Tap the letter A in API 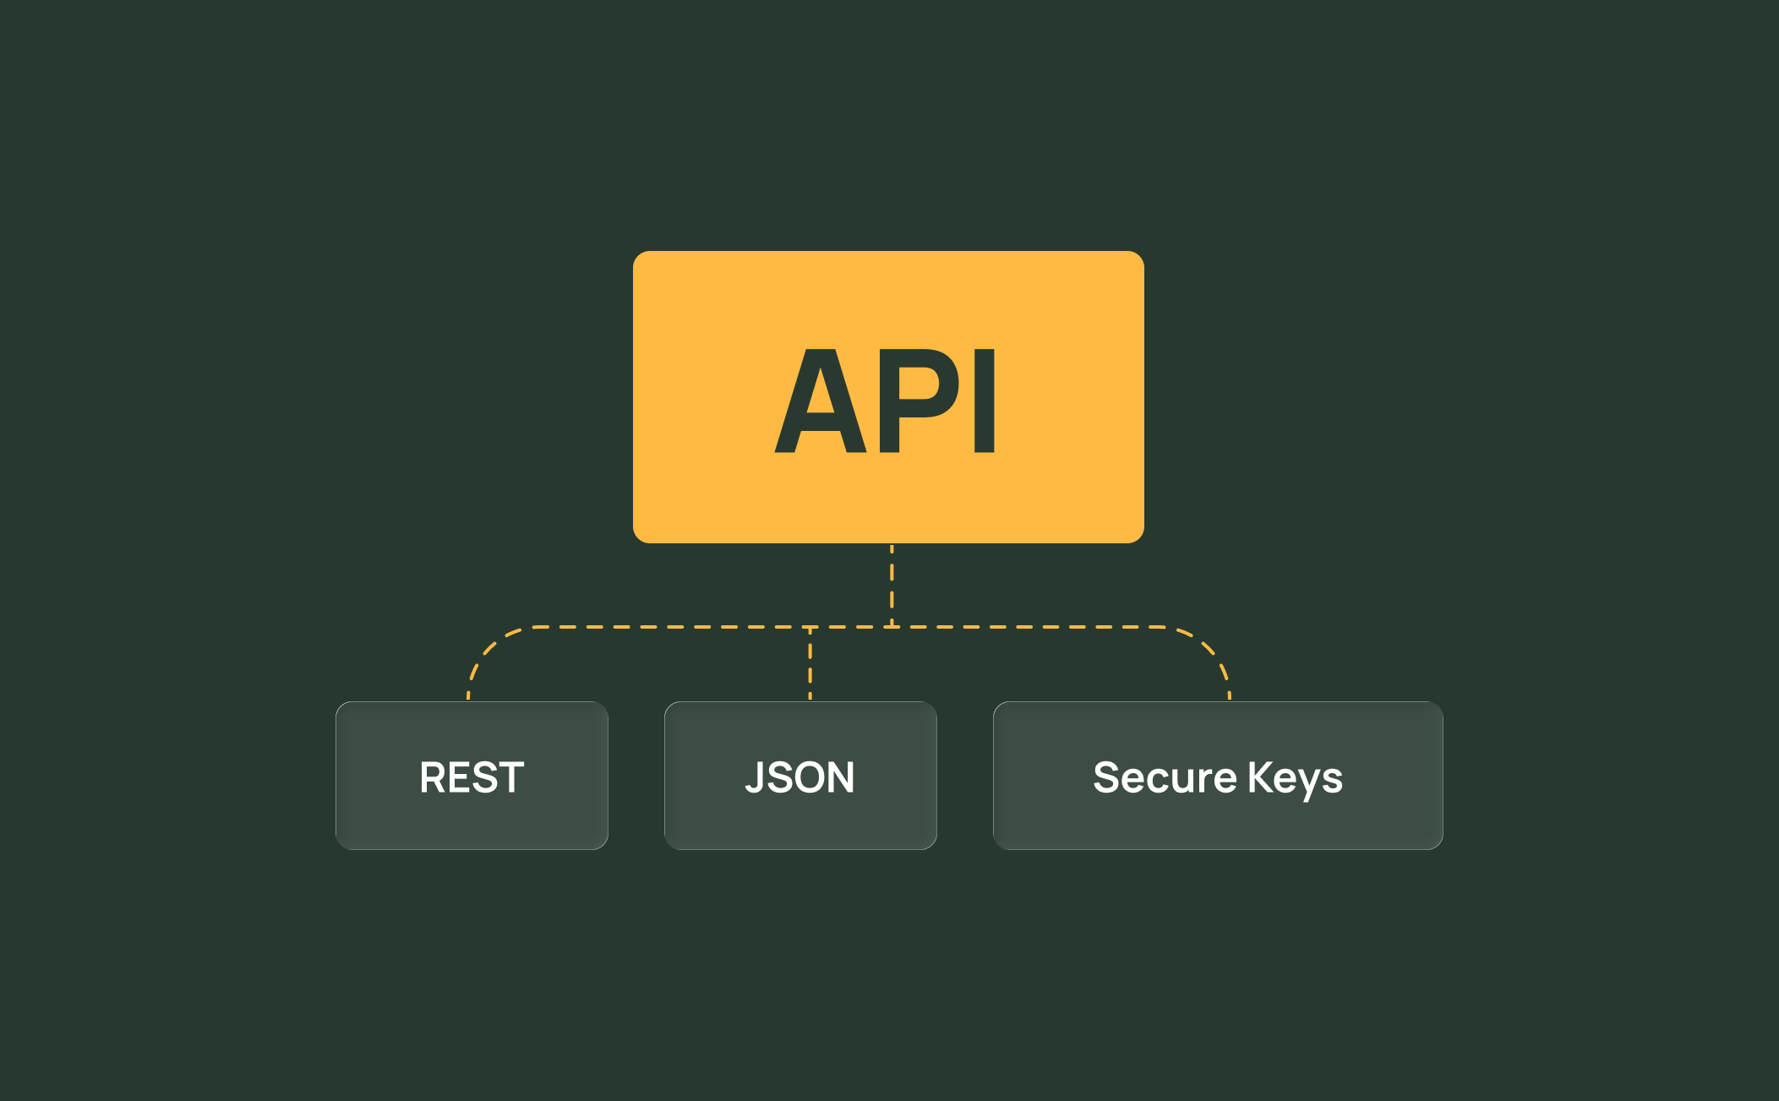coord(820,402)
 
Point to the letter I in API coord(985,401)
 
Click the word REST coord(472,777)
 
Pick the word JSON coord(799,777)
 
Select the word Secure coord(1164,777)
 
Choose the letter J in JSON coord(755,777)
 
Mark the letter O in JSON coord(806,777)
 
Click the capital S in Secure coord(1106,777)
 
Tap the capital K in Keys coord(1260,777)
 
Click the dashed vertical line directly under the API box coord(892,583)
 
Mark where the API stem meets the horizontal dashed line coord(892,627)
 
